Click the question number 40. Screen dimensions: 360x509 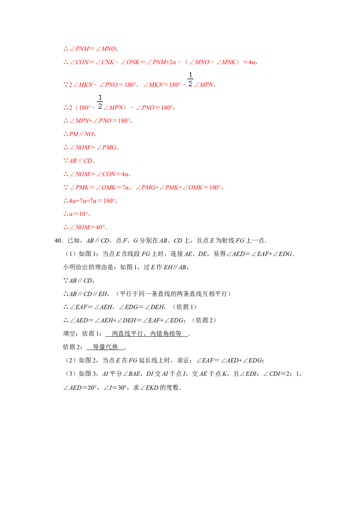[x=58, y=241]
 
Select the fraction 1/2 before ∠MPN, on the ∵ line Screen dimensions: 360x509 [x=190, y=80]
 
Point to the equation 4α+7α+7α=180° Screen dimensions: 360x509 [x=92, y=201]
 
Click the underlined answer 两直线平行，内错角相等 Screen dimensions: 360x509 [x=147, y=334]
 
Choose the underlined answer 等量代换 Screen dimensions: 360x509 [x=105, y=347]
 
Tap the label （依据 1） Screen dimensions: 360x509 [x=184, y=307]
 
